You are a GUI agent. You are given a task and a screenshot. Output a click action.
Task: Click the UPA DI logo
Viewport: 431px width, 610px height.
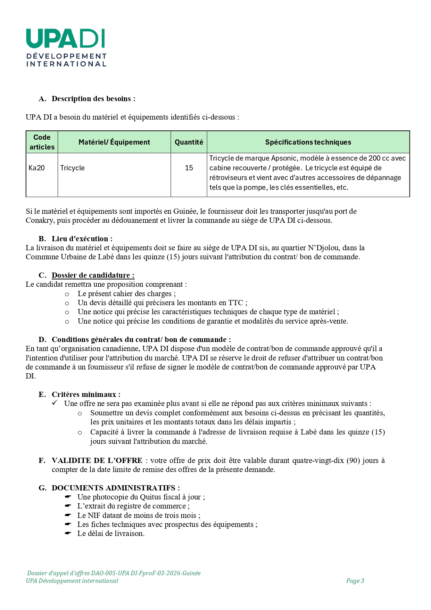point(66,48)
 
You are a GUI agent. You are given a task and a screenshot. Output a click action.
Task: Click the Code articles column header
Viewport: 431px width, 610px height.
point(42,142)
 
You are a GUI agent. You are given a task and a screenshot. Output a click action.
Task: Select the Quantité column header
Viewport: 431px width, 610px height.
point(189,142)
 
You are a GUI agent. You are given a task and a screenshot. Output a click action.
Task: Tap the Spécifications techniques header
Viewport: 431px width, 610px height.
point(308,142)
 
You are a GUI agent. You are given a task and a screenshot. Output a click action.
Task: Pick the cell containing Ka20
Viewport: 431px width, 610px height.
point(37,168)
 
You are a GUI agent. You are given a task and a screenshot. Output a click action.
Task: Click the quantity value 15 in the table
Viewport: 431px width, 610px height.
point(189,168)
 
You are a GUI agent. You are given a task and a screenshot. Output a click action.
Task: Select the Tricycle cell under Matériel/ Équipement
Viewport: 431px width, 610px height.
point(73,168)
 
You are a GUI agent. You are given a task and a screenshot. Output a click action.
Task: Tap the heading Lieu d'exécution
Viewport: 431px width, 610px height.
point(82,239)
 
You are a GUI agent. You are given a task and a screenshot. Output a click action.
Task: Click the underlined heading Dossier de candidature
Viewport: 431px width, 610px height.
point(93,275)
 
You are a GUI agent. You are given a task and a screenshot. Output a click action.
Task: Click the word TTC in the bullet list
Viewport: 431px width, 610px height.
point(236,303)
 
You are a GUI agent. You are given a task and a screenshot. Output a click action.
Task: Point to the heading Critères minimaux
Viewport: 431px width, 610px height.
point(86,395)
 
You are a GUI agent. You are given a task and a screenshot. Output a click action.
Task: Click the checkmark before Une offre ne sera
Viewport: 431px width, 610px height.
point(55,403)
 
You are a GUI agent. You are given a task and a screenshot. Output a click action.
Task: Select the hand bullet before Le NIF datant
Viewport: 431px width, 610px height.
point(68,515)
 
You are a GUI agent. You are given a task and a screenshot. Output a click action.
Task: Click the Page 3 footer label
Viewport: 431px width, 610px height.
point(355,581)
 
